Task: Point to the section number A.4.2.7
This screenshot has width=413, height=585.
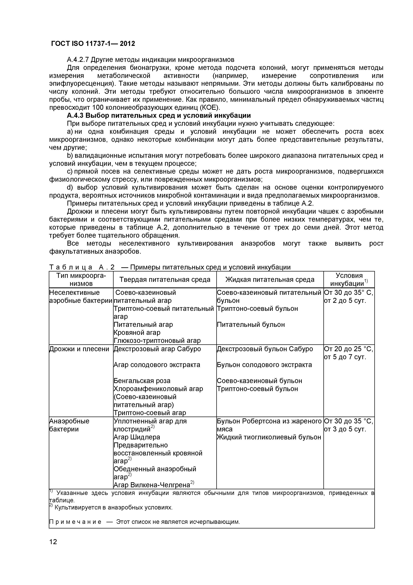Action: click(x=78, y=60)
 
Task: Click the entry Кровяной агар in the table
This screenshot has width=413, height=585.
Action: click(x=137, y=333)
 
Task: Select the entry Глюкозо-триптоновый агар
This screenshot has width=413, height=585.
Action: click(x=157, y=341)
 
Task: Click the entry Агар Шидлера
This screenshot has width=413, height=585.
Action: click(x=137, y=437)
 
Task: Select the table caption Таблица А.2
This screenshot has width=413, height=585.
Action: click(x=82, y=267)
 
